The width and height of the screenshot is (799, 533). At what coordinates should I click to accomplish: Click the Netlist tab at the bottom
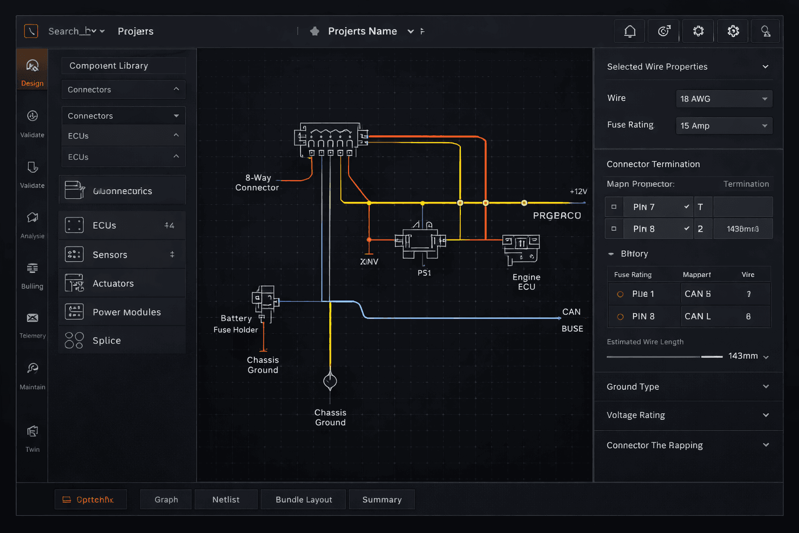pyautogui.click(x=226, y=500)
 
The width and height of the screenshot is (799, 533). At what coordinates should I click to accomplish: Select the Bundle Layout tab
pyautogui.click(x=304, y=500)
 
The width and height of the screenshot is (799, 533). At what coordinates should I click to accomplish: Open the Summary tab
pyautogui.click(x=382, y=500)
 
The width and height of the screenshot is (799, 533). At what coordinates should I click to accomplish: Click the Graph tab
pyautogui.click(x=166, y=500)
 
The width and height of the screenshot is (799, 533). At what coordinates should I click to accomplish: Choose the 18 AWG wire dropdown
pyautogui.click(x=724, y=99)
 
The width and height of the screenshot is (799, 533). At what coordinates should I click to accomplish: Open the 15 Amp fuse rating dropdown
pyautogui.click(x=724, y=126)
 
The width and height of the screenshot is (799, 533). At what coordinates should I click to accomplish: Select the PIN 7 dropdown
pyautogui.click(x=658, y=207)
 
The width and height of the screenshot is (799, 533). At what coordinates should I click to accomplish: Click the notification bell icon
pyautogui.click(x=629, y=31)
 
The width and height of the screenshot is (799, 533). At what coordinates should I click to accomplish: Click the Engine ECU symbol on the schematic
pyautogui.click(x=521, y=249)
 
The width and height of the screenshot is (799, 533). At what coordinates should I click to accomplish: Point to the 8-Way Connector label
pyautogui.click(x=257, y=183)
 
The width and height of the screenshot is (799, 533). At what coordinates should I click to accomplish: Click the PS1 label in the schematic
pyautogui.click(x=424, y=273)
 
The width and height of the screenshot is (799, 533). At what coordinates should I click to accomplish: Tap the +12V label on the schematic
pyautogui.click(x=578, y=192)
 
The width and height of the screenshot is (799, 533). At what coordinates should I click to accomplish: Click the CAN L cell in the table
pyautogui.click(x=698, y=316)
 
